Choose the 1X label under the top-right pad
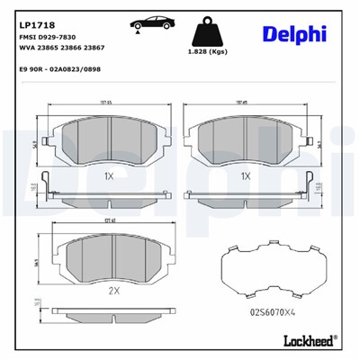click(x=244, y=175)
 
